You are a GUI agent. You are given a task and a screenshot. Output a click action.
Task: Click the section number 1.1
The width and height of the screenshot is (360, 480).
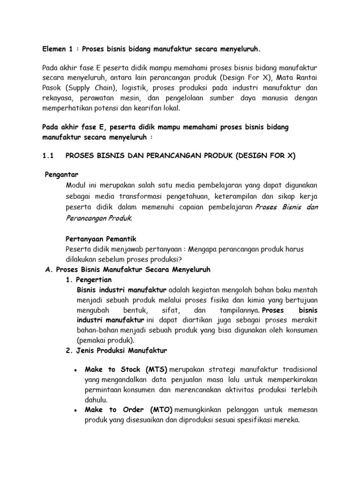(x=49, y=156)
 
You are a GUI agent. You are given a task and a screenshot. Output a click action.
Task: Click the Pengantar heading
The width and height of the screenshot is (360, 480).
(x=61, y=173)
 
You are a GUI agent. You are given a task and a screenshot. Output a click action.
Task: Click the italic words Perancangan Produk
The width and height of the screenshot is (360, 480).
(x=99, y=217)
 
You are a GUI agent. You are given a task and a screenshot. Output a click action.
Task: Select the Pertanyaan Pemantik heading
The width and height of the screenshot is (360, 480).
(x=101, y=239)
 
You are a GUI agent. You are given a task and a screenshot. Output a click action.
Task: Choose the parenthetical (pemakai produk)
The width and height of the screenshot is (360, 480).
(x=105, y=340)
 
